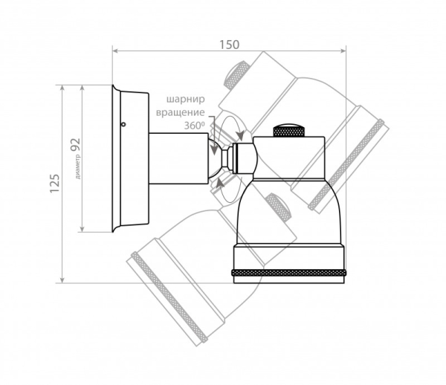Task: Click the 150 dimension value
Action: (229, 45)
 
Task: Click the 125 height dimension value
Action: (54, 184)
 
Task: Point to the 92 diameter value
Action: (76, 145)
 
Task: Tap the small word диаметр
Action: (78, 166)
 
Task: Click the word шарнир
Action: (185, 100)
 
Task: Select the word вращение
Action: (181, 112)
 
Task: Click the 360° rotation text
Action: (195, 126)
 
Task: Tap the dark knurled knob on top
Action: (289, 130)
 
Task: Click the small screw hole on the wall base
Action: (123, 124)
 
